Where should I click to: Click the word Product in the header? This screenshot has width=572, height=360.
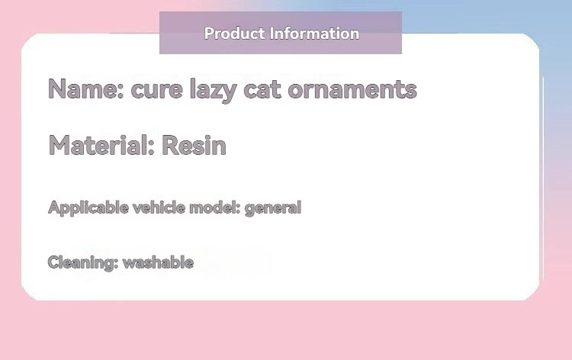[x=233, y=34]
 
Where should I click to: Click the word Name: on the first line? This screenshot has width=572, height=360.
[x=85, y=89]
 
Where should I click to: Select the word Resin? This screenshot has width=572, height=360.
[x=194, y=145]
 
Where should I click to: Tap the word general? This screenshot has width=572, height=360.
[x=273, y=207]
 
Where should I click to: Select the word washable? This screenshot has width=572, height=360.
[x=158, y=262]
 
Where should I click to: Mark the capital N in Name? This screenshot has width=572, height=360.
[x=57, y=89]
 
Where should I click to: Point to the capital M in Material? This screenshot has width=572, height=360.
[x=60, y=145]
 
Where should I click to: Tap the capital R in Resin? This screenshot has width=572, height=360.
[x=169, y=145]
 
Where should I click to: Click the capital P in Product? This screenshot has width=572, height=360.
[x=209, y=34]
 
